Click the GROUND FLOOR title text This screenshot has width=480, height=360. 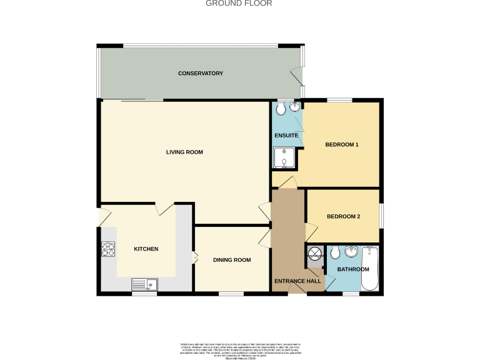point(239,3)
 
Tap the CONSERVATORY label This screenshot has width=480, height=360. point(201,74)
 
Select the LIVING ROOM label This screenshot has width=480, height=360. point(184,152)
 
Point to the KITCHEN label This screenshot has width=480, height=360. point(146,249)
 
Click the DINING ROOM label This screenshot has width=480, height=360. point(232,260)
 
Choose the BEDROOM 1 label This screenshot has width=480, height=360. point(342,145)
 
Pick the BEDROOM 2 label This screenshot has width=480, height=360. point(343,217)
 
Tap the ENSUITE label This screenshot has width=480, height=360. point(285,136)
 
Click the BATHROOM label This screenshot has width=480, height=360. point(353,269)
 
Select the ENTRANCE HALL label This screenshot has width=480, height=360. point(297,281)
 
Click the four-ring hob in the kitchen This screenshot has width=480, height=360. point(108,249)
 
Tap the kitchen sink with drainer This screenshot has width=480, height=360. point(145,284)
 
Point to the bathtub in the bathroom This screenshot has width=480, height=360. point(371,269)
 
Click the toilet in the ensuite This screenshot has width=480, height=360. point(280,109)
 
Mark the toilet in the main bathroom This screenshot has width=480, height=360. point(335,253)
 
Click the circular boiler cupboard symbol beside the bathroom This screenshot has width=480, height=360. point(314,253)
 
